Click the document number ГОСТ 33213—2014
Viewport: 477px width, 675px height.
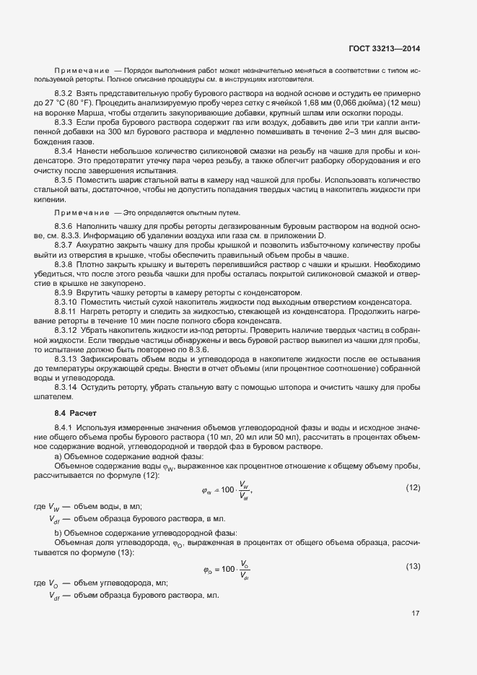pos(387,48)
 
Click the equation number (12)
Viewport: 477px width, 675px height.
pos(413,488)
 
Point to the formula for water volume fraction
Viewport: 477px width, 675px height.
pos(229,490)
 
